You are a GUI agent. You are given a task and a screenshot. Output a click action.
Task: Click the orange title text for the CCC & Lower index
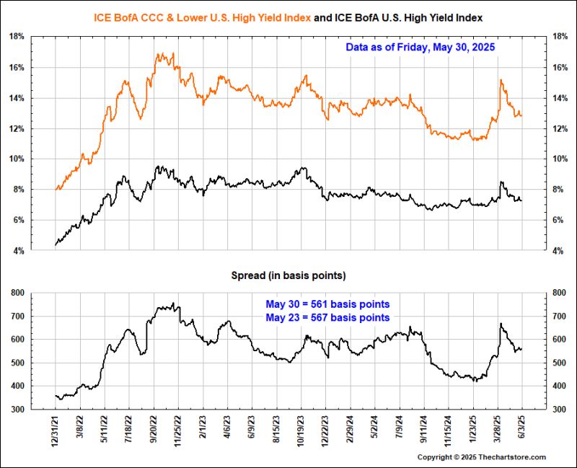[x=203, y=17]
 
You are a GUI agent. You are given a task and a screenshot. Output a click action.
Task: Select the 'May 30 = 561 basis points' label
[x=328, y=304]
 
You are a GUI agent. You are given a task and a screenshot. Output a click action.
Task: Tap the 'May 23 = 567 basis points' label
[x=328, y=317]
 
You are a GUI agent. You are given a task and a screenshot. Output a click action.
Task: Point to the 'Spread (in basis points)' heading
[x=288, y=275]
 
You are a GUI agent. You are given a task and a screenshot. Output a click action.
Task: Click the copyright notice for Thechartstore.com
[x=482, y=457]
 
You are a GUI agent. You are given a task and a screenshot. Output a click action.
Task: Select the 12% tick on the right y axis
[x=560, y=129]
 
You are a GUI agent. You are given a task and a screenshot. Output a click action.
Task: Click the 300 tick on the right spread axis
[x=559, y=410]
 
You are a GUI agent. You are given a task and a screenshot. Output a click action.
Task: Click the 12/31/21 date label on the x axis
[x=56, y=433]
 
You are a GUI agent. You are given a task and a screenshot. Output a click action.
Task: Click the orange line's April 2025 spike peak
[x=500, y=80]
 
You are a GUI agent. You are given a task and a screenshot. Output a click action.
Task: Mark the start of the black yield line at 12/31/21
[x=56, y=245]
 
